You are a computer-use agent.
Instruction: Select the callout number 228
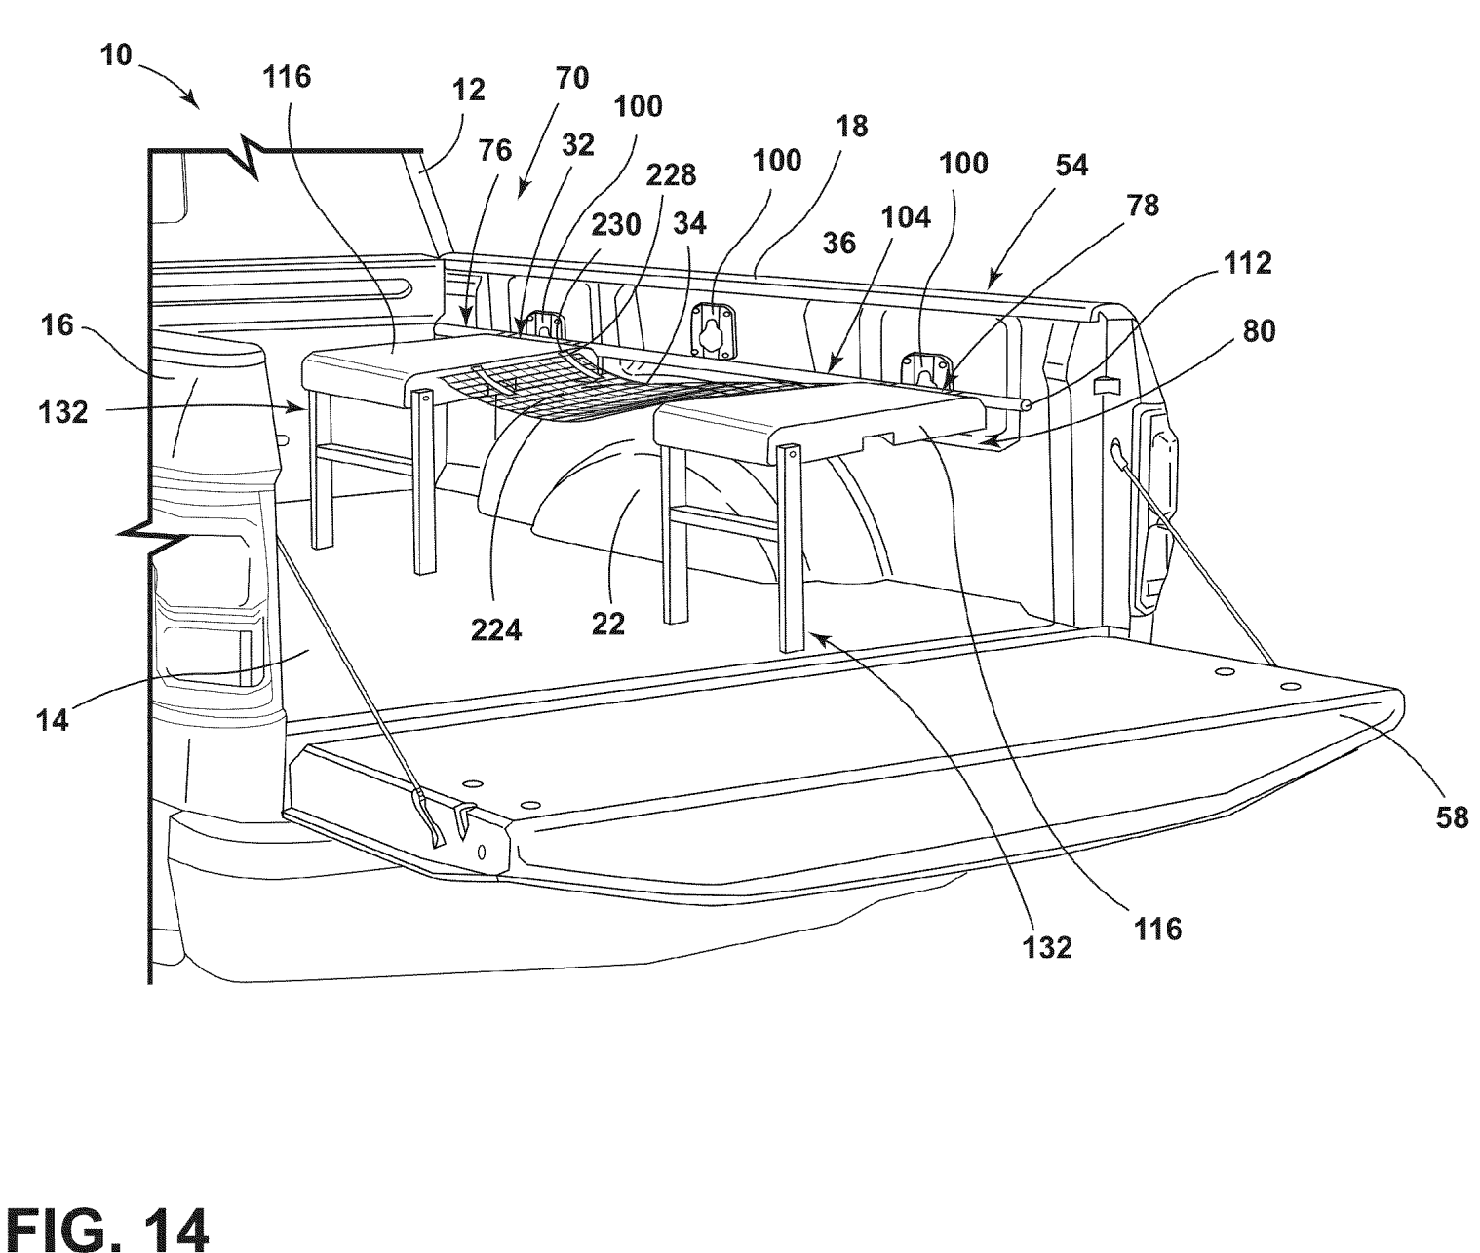[x=670, y=175]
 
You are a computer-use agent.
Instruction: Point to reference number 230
[x=616, y=225]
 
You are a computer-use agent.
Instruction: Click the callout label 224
[x=496, y=630]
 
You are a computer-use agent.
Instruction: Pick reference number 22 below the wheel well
[x=608, y=624]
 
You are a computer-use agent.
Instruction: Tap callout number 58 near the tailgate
[x=1452, y=817]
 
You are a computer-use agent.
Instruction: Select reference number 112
[x=1248, y=263]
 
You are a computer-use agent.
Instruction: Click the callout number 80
[x=1259, y=331]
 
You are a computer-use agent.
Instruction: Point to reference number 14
[x=53, y=720]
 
